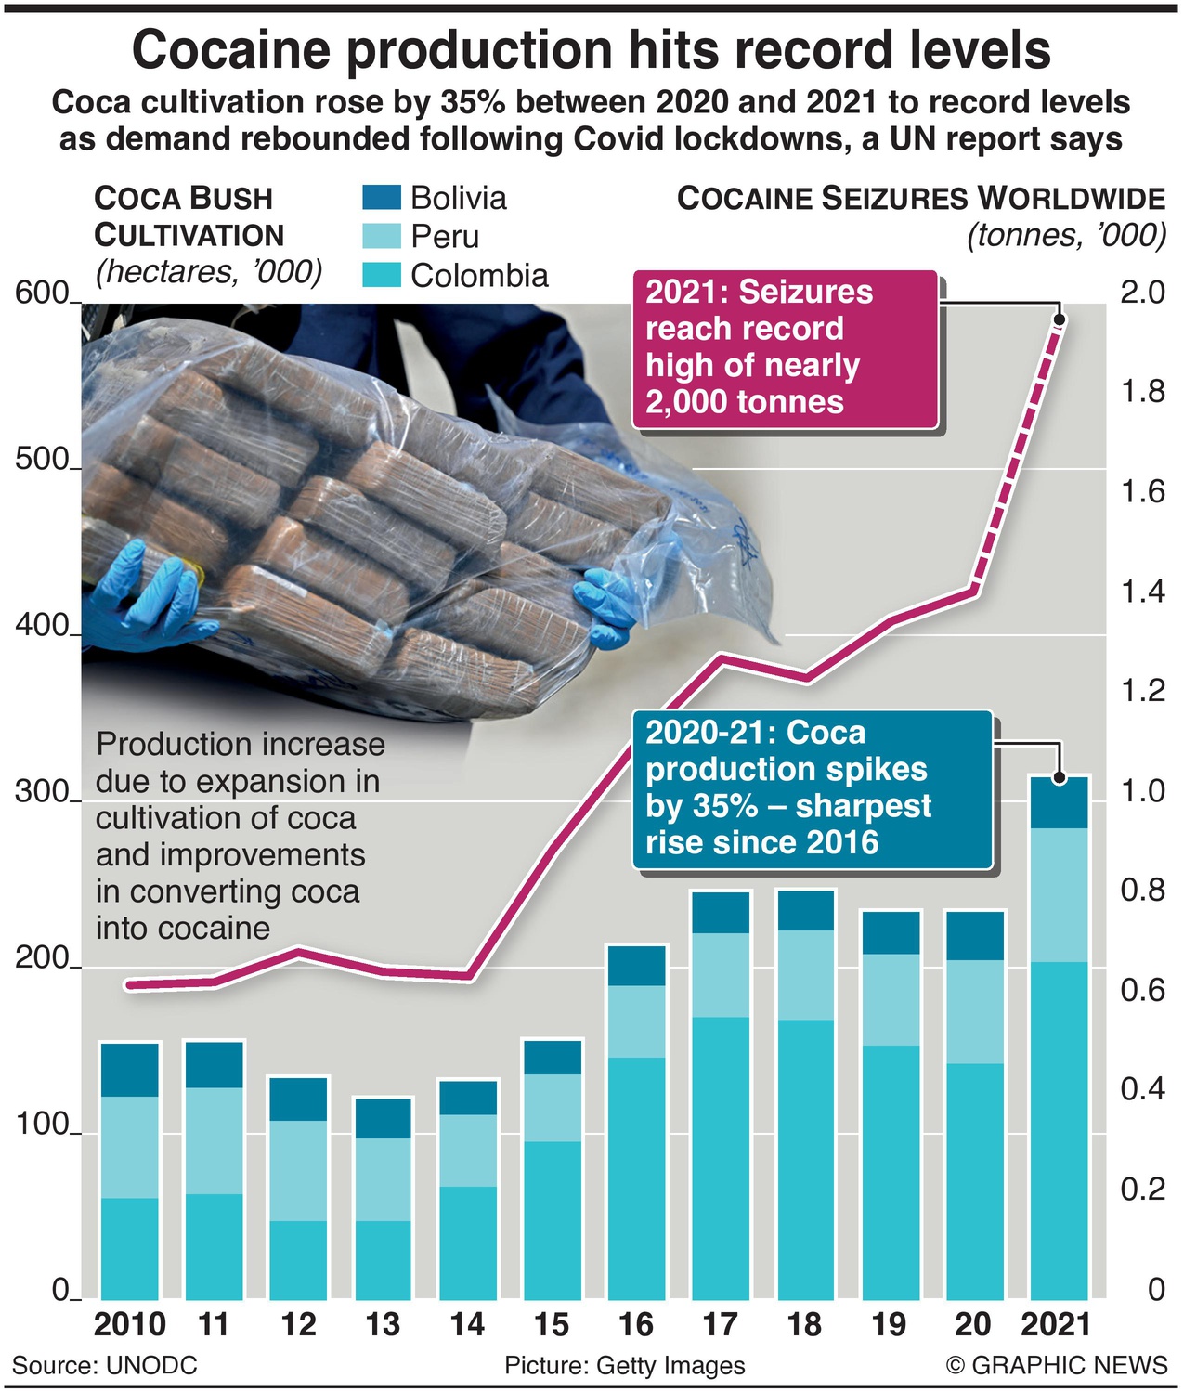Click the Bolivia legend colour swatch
[x=381, y=198]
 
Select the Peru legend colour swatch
[x=381, y=236]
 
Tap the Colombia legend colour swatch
[x=381, y=275]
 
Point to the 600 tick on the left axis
[x=42, y=293]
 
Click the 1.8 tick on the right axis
[x=1141, y=392]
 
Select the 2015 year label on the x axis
[x=553, y=1324]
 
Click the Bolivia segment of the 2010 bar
[x=130, y=1070]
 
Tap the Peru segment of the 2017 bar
[x=721, y=974]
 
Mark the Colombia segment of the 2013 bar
[x=383, y=1259]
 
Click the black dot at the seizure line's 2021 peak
[x=1060, y=319]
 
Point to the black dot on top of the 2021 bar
[x=1060, y=777]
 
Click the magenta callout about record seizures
[x=785, y=348]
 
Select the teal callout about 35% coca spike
[x=813, y=789]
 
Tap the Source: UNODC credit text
[x=105, y=1365]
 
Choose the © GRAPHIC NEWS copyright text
[x=1056, y=1365]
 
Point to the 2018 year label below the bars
[x=804, y=1324]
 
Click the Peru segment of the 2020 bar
[x=975, y=1011]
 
